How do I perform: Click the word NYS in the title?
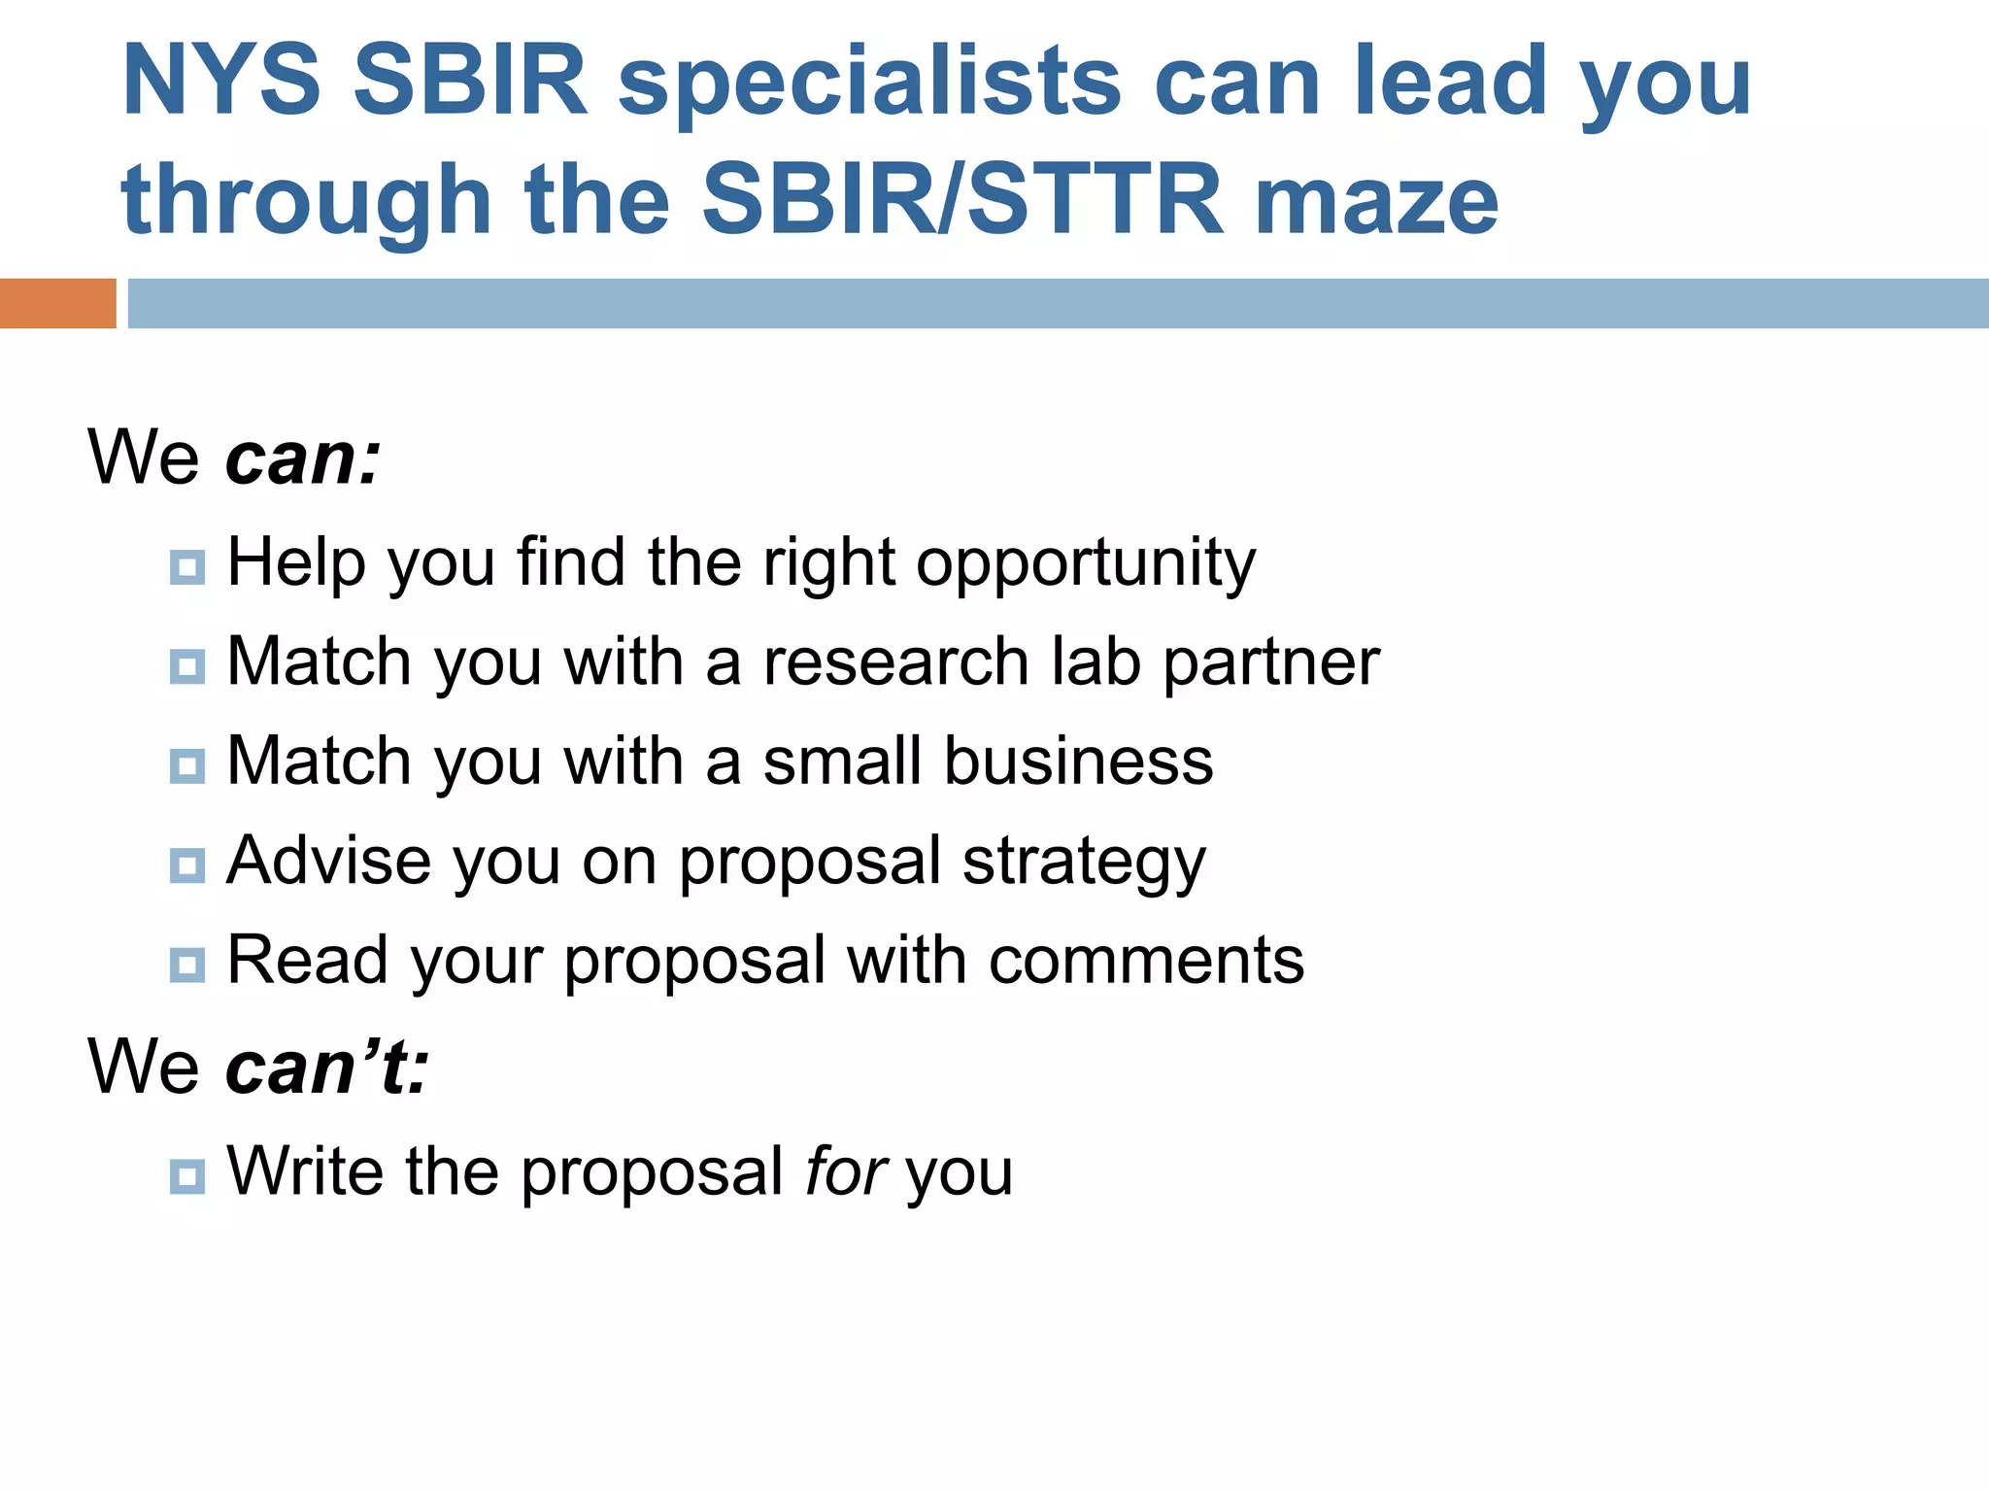(x=221, y=81)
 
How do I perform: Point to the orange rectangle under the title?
(x=57, y=303)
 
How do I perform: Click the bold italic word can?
(x=303, y=458)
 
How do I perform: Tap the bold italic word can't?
(x=326, y=1067)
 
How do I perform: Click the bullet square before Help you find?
(x=186, y=567)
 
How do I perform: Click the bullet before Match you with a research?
(x=186, y=667)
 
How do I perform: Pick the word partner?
(x=1270, y=662)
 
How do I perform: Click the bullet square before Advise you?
(x=186, y=865)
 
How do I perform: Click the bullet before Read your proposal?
(x=186, y=965)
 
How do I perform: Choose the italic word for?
(x=845, y=1171)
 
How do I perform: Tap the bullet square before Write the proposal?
(x=186, y=1176)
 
